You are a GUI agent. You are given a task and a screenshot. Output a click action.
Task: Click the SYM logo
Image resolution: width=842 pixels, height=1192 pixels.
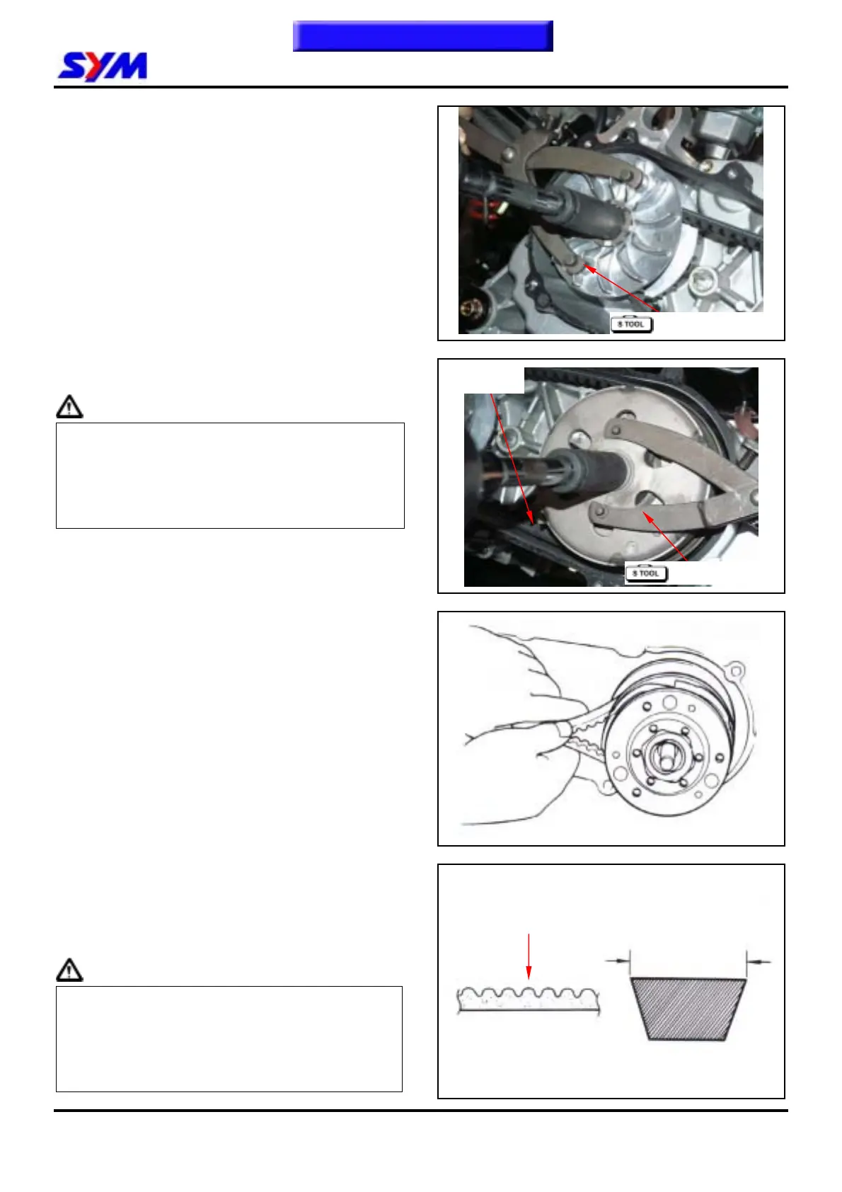point(102,67)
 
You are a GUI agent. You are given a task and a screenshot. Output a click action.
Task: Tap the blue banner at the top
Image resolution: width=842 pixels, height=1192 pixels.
point(423,36)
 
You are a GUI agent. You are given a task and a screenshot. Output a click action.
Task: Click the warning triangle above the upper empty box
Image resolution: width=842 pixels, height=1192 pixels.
point(69,406)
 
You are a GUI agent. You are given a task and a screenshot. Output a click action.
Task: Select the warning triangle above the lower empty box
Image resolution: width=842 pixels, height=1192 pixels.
point(69,970)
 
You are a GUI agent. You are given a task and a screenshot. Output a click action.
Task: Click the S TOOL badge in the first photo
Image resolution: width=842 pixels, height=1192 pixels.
point(631,324)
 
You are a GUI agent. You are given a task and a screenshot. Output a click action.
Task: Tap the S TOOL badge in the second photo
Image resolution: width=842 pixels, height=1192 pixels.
point(646,573)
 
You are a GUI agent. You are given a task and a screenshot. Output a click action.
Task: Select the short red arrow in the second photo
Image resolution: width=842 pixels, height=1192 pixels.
point(664,536)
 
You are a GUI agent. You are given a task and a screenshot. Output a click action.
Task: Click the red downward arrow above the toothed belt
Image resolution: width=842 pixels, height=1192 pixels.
point(529,956)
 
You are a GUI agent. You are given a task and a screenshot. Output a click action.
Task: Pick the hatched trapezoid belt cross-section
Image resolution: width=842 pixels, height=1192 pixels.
point(688,1009)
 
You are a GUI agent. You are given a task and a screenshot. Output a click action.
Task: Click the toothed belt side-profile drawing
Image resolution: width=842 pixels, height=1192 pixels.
point(528,1000)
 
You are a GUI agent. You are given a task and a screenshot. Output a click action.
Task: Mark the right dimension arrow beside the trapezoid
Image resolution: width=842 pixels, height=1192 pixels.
point(759,961)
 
